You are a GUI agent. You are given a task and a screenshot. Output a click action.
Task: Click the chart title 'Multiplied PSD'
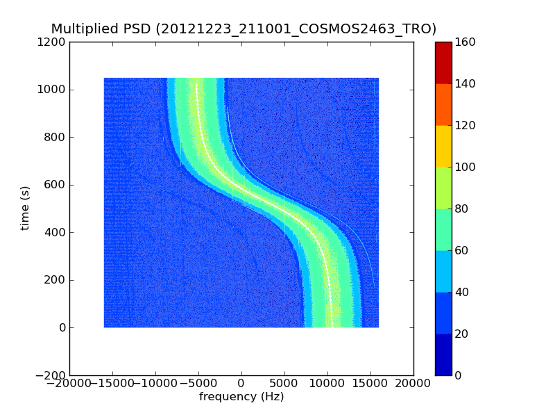[x=101, y=28]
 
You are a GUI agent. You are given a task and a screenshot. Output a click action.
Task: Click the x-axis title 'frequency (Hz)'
[x=241, y=397]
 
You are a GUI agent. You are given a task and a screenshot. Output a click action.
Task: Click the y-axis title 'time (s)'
[x=25, y=208]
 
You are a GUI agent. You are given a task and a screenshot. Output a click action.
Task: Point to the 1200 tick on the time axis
[x=53, y=42]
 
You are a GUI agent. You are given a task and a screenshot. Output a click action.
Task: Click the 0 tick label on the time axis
[x=62, y=328]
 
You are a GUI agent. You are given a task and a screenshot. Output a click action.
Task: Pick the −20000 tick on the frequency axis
[x=69, y=383]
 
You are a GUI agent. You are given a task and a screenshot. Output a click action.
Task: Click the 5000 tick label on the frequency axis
[x=284, y=383]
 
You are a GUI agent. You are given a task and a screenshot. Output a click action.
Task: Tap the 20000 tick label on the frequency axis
[x=413, y=383]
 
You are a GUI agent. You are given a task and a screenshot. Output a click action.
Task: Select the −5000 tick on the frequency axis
[x=198, y=383]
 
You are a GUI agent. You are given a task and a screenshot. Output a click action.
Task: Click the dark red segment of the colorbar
[x=443, y=63]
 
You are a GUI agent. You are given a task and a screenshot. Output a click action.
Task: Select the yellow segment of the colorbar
[x=443, y=146]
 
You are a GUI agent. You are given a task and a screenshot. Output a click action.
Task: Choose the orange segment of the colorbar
[x=443, y=104]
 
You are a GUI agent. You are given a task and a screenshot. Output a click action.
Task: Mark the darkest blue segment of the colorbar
[x=443, y=354]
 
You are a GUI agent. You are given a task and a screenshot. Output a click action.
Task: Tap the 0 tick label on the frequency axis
[x=241, y=383]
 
